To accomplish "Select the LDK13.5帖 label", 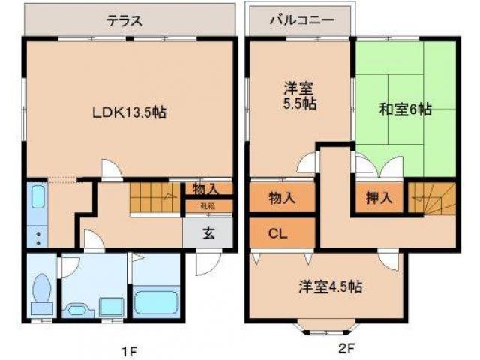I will click(x=129, y=112).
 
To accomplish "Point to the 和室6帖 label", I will click(x=405, y=109).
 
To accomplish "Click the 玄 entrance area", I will click(x=208, y=233).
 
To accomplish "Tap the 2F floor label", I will click(x=345, y=349).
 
